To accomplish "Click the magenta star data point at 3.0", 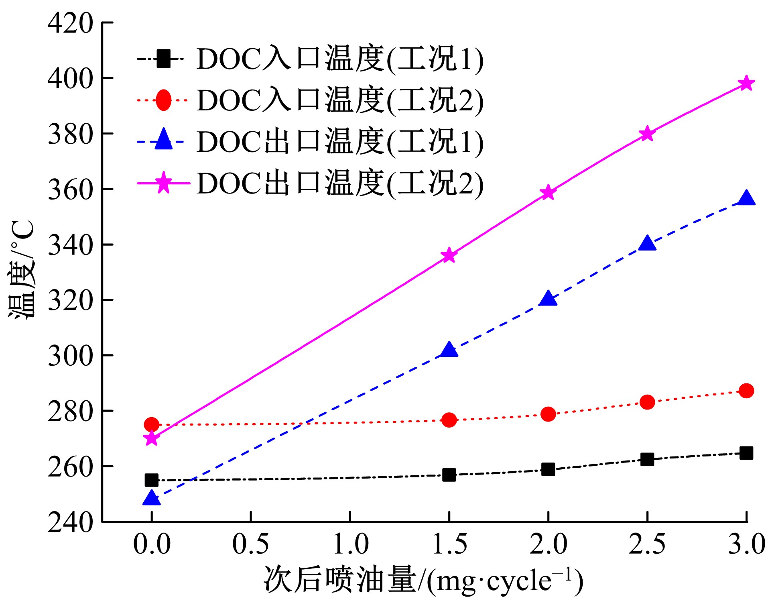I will click(746, 84).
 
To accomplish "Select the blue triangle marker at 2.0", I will click(548, 299).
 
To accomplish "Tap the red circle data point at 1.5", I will click(449, 420).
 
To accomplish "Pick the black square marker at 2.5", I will click(647, 459).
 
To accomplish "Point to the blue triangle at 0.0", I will click(151, 498).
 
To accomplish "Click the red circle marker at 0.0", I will click(151, 424).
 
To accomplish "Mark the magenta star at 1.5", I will click(449, 255).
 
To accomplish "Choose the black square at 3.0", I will click(746, 453).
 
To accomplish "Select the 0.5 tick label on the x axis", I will click(250, 544).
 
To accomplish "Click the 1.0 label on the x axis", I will click(350, 544).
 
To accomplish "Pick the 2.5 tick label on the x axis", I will click(647, 544).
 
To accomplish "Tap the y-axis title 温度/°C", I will click(21, 270).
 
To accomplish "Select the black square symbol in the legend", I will click(163, 59).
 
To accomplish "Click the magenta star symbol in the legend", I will click(163, 183).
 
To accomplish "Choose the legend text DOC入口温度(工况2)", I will click(340, 100).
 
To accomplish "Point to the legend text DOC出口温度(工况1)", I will click(340, 142).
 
